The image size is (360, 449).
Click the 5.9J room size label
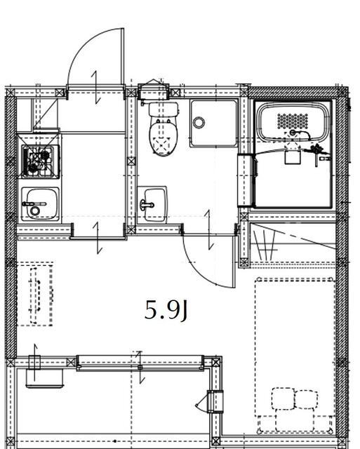(166, 310)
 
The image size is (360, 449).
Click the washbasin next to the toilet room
(152, 204)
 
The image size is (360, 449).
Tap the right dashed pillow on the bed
(307, 399)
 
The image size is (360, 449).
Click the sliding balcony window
(140, 363)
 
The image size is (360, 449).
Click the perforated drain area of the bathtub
(293, 121)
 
